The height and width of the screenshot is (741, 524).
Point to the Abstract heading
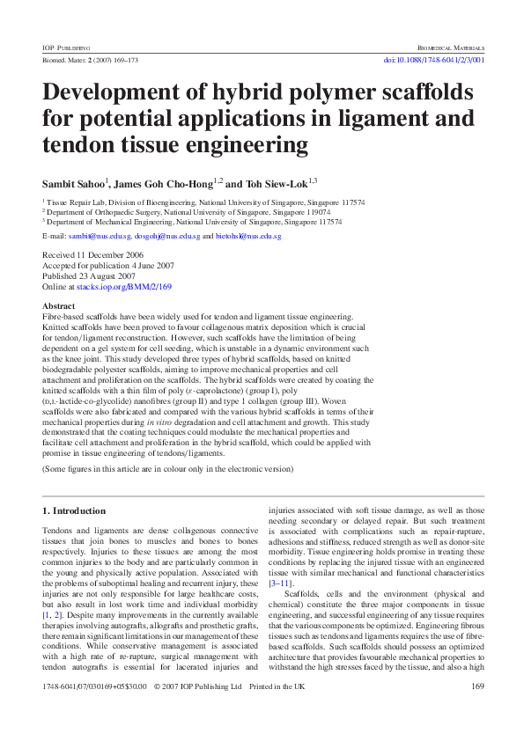[x=59, y=306]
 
